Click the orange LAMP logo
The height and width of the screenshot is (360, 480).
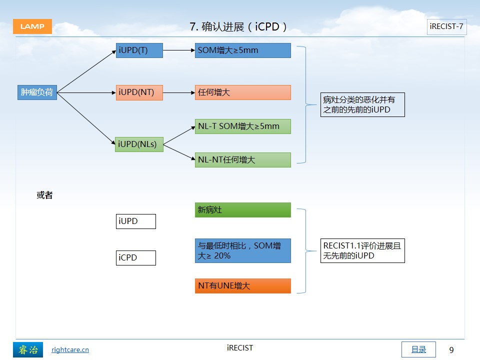point(32,26)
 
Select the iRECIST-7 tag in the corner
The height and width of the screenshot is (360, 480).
point(446,26)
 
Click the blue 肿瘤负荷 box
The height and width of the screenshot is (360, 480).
point(37,92)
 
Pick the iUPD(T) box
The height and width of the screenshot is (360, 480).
point(139,50)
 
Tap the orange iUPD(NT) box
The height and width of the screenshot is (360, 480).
point(139,92)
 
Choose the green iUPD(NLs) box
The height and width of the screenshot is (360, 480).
point(139,144)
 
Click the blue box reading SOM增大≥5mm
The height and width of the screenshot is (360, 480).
point(243,50)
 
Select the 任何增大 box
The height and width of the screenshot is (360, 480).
point(243,92)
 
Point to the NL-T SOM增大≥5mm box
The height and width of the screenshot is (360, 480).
point(243,126)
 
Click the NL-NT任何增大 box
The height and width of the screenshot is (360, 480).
point(243,160)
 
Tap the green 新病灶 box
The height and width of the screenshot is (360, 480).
point(243,210)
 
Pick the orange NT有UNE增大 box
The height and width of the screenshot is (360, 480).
point(243,286)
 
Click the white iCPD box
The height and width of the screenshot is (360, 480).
point(136,258)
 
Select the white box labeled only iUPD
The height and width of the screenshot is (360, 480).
point(136,221)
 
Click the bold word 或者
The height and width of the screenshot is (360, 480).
point(44,195)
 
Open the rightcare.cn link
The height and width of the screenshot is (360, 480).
point(70,349)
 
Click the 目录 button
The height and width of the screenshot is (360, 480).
point(418,349)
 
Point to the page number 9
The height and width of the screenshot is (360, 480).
point(451,350)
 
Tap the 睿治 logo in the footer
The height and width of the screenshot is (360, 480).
point(28,349)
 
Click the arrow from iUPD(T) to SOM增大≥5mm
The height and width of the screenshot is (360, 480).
point(179,50)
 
